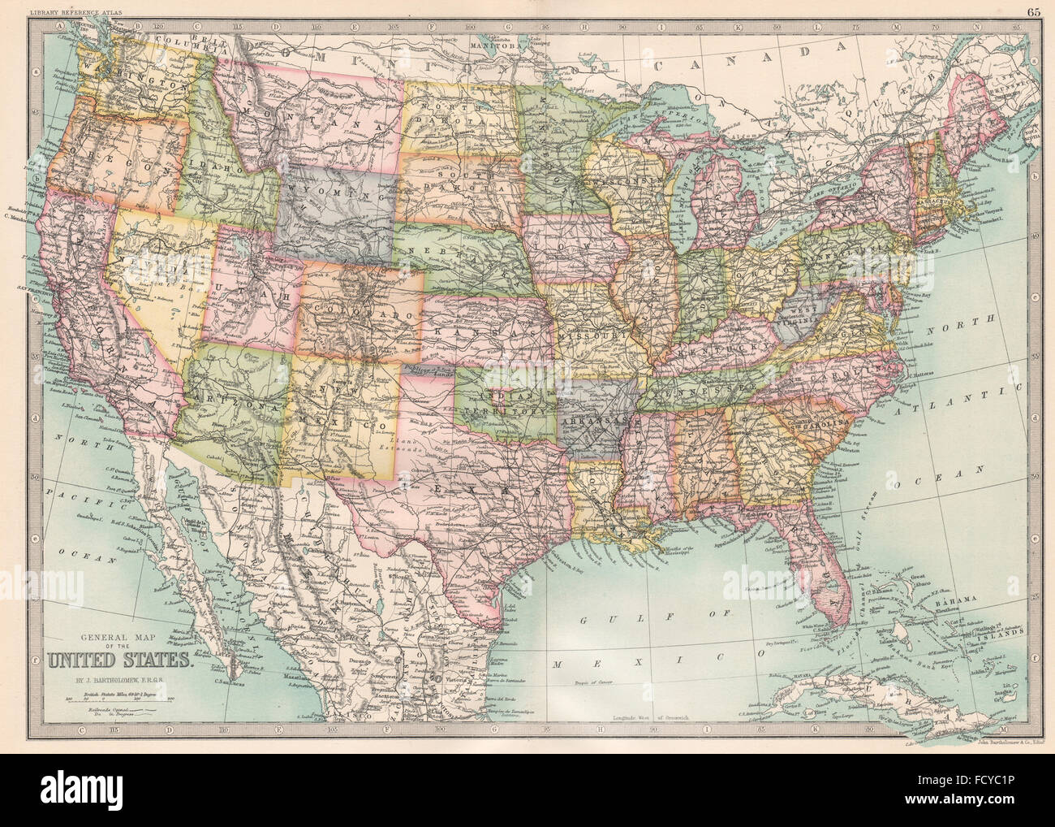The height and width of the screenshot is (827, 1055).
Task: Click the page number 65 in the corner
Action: pos(1033,11)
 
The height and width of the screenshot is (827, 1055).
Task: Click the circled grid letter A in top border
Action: pos(59,26)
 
